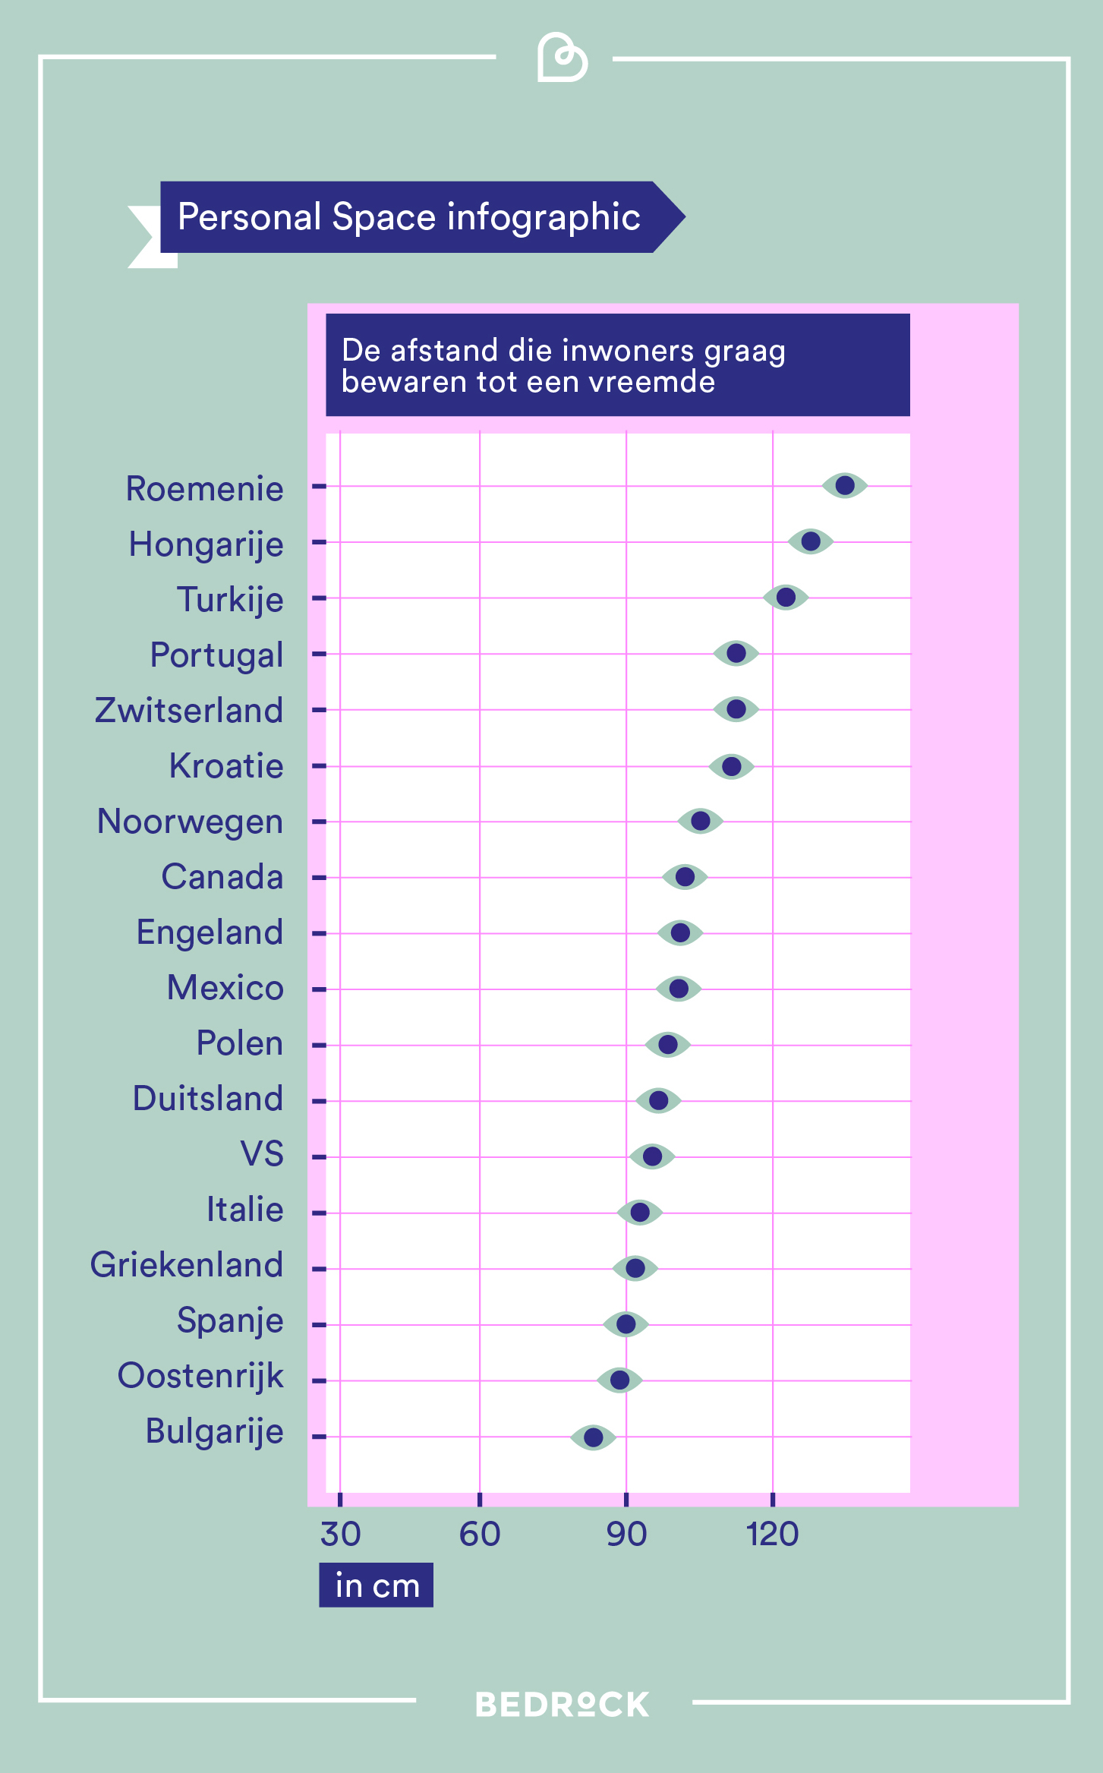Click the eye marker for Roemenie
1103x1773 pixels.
[844, 485]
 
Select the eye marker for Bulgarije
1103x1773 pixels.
[593, 1437]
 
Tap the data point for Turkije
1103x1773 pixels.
[786, 598]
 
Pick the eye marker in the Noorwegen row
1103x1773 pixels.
[700, 821]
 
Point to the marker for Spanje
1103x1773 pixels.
[626, 1324]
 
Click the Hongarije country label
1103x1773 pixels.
[206, 544]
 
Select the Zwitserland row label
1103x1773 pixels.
[189, 711]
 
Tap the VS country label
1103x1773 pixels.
[262, 1154]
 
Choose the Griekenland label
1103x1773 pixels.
[187, 1265]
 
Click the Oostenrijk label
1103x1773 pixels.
[200, 1376]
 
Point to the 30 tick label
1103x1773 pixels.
[340, 1535]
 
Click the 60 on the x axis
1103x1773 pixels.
[480, 1535]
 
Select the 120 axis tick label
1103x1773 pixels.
[772, 1535]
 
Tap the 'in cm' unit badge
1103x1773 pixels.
[377, 1585]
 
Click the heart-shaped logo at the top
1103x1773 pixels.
[562, 58]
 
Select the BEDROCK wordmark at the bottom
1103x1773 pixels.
[562, 1705]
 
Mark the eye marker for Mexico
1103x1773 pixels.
[678, 989]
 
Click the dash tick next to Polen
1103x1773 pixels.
[319, 1045]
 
